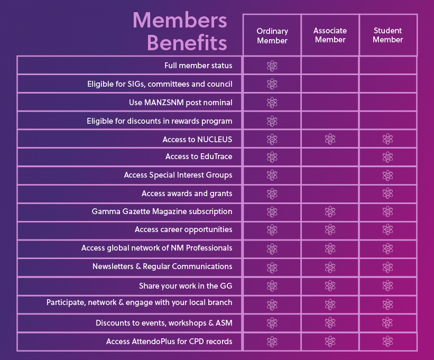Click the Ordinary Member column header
[x=272, y=35]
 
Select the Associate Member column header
[x=330, y=35]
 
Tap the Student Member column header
[x=387, y=35]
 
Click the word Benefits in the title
[x=187, y=42]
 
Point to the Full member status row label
[x=198, y=66]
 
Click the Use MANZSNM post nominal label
[x=181, y=103]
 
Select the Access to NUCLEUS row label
[x=198, y=140]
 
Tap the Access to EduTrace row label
[x=199, y=157]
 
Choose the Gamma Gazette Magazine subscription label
[x=162, y=211]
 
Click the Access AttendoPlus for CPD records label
[x=169, y=341]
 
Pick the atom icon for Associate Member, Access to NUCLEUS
[x=330, y=140]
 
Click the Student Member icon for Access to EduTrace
[x=387, y=158]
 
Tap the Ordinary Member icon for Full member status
[x=272, y=66]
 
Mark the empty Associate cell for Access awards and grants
[x=330, y=194]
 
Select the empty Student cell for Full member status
[x=387, y=66]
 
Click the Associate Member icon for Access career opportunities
[x=330, y=230]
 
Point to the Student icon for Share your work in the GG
[x=387, y=286]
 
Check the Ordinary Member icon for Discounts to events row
[x=272, y=323]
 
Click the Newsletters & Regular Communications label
[x=162, y=266]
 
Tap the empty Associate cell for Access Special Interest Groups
[x=330, y=176]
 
